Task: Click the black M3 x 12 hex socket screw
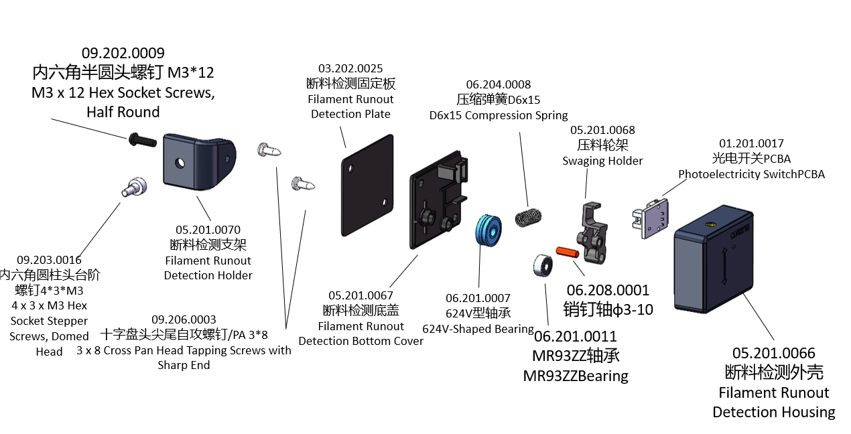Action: coord(141,140)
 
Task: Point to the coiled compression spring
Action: coord(529,216)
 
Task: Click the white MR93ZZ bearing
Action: coord(541,265)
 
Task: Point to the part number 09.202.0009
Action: coord(123,53)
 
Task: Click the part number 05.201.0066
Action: coord(773,353)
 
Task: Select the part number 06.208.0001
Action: coord(608,290)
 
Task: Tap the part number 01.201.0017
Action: coord(751,143)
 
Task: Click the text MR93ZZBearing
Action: coord(576,376)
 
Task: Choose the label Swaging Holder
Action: coord(602,161)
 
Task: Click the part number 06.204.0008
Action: coord(499,84)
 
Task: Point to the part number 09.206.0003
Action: coord(184,319)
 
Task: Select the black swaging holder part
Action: coord(594,231)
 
